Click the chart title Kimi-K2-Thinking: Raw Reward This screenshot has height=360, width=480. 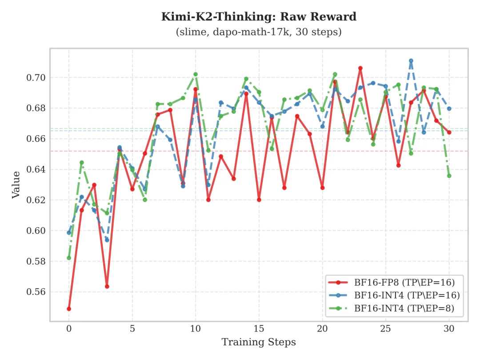click(259, 17)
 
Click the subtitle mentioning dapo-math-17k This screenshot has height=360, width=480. click(259, 32)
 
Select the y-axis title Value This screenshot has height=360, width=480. click(16, 184)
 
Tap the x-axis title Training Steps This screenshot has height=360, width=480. click(259, 342)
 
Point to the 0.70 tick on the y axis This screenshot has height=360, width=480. click(37, 78)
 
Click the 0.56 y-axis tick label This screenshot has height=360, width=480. click(37, 292)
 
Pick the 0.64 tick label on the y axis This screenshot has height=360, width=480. click(37, 169)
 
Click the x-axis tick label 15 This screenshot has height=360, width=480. click(259, 330)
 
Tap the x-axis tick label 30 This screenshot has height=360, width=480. click(449, 330)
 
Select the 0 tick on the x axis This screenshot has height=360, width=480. click(69, 330)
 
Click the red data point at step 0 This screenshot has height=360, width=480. click(69, 309)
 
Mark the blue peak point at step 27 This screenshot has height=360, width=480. click(411, 61)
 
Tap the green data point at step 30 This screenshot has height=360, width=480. click(449, 176)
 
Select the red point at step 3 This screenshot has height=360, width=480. click(107, 286)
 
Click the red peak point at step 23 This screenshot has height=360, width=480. click(360, 68)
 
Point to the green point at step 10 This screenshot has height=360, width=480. click(196, 74)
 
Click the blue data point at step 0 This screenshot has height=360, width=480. click(69, 232)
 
